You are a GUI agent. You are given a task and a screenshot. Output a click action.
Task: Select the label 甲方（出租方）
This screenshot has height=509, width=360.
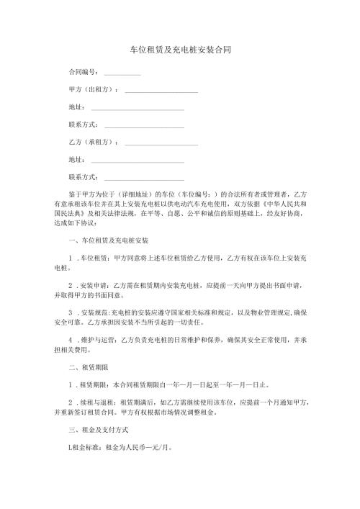coord(93,90)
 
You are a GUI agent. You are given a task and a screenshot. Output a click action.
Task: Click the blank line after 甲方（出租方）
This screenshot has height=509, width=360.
coord(161,91)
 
